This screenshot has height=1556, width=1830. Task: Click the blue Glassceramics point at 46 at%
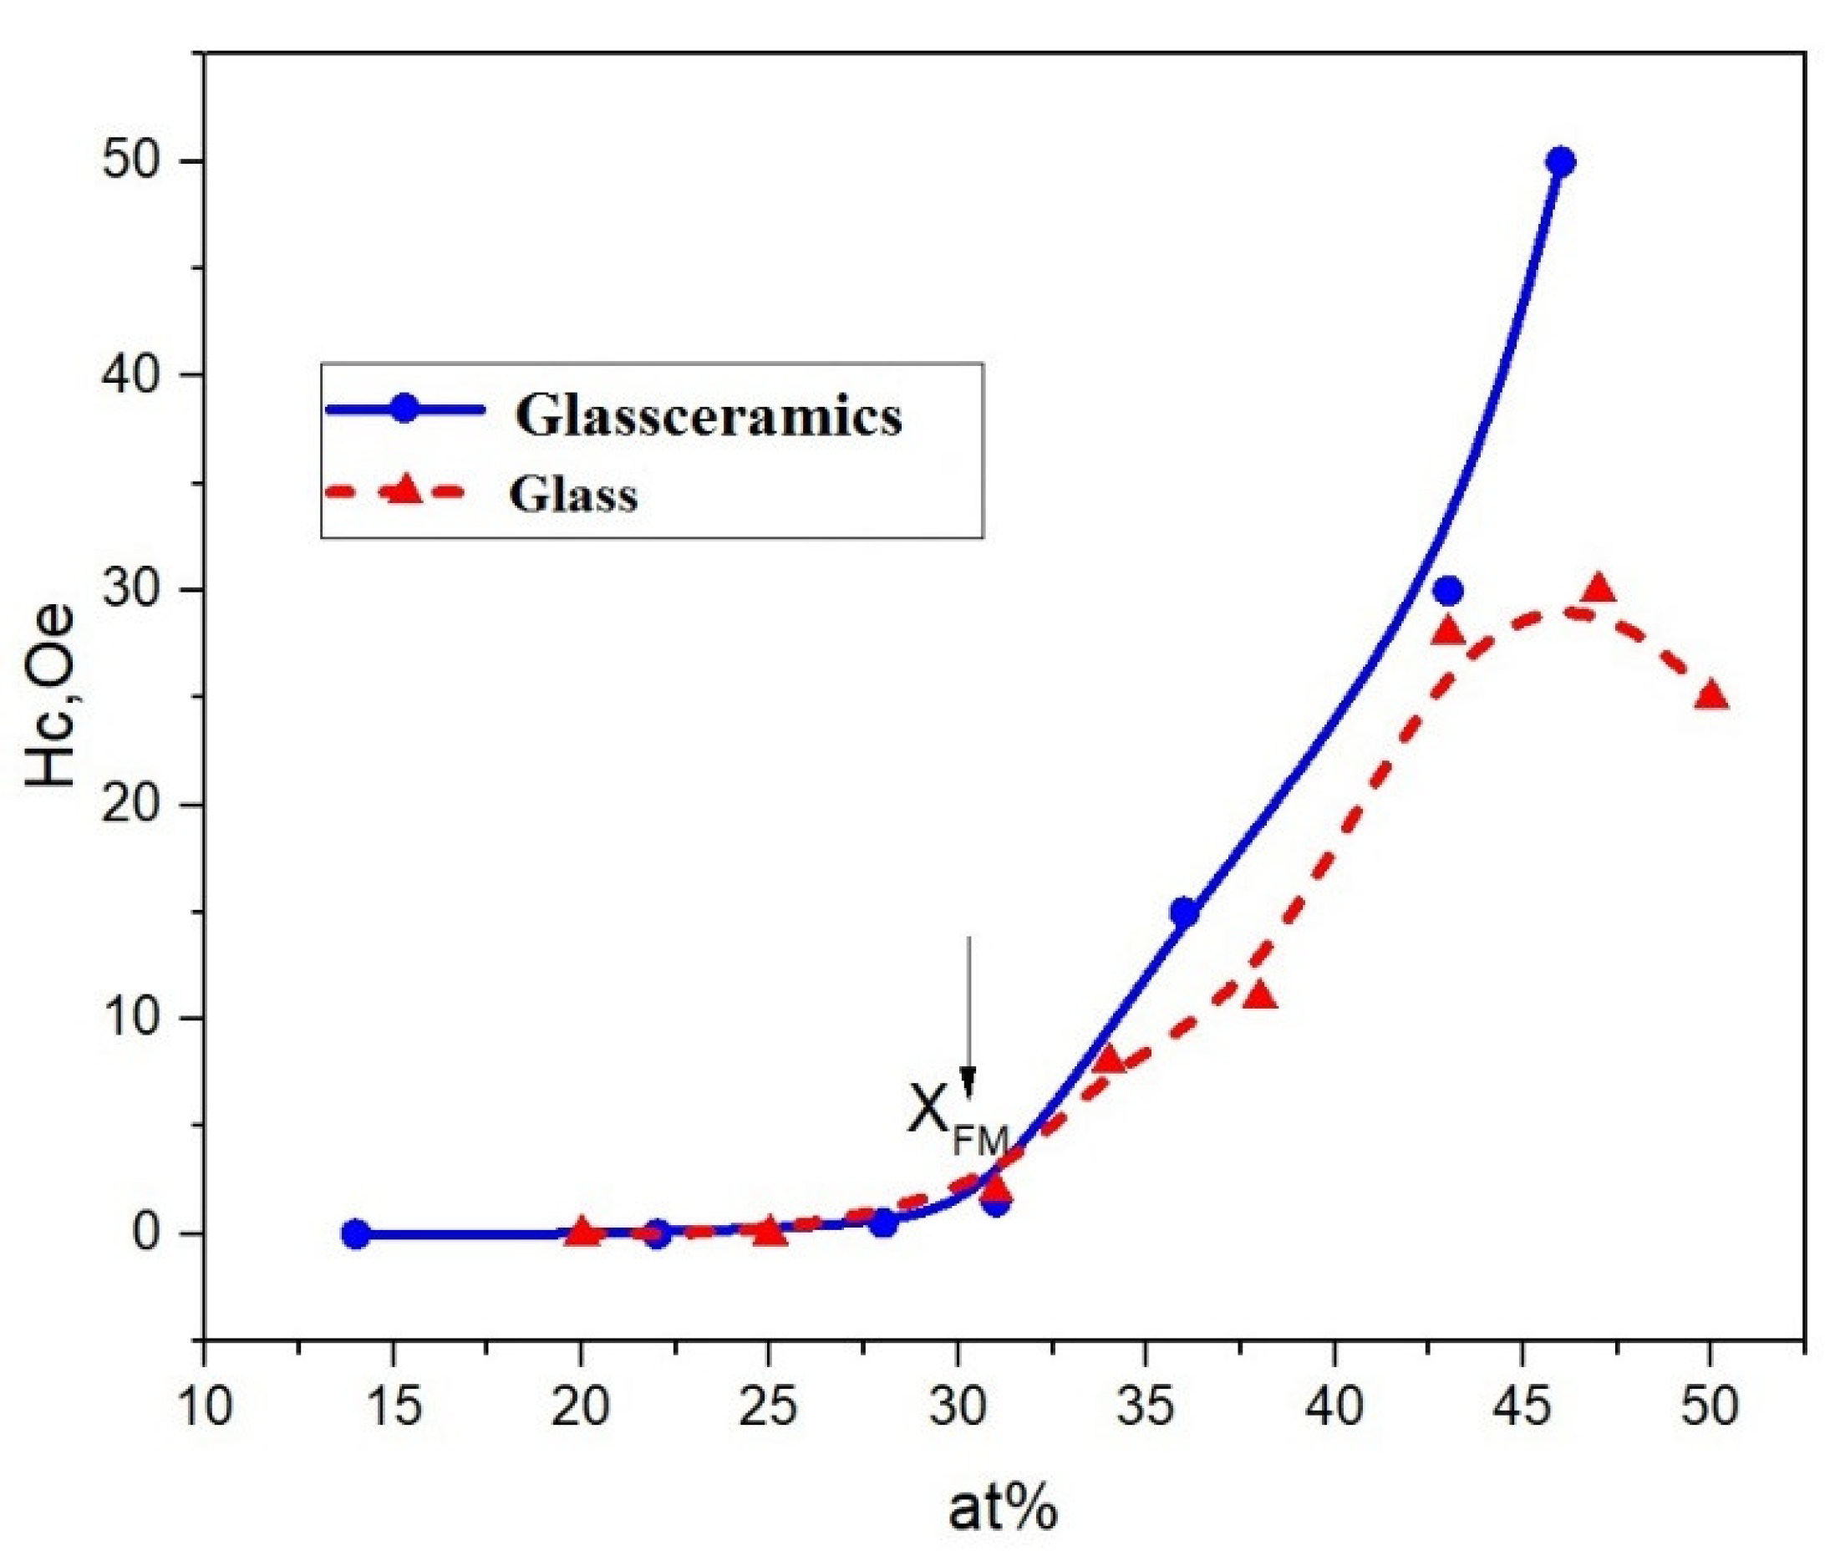click(x=1560, y=161)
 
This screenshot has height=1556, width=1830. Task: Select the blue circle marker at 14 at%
click(x=355, y=1233)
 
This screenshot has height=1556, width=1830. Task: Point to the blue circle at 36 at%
click(x=1184, y=912)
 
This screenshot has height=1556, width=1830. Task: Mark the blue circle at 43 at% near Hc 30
click(x=1447, y=591)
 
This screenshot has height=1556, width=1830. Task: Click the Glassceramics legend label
click(x=709, y=414)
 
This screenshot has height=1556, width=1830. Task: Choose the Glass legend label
click(x=572, y=495)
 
